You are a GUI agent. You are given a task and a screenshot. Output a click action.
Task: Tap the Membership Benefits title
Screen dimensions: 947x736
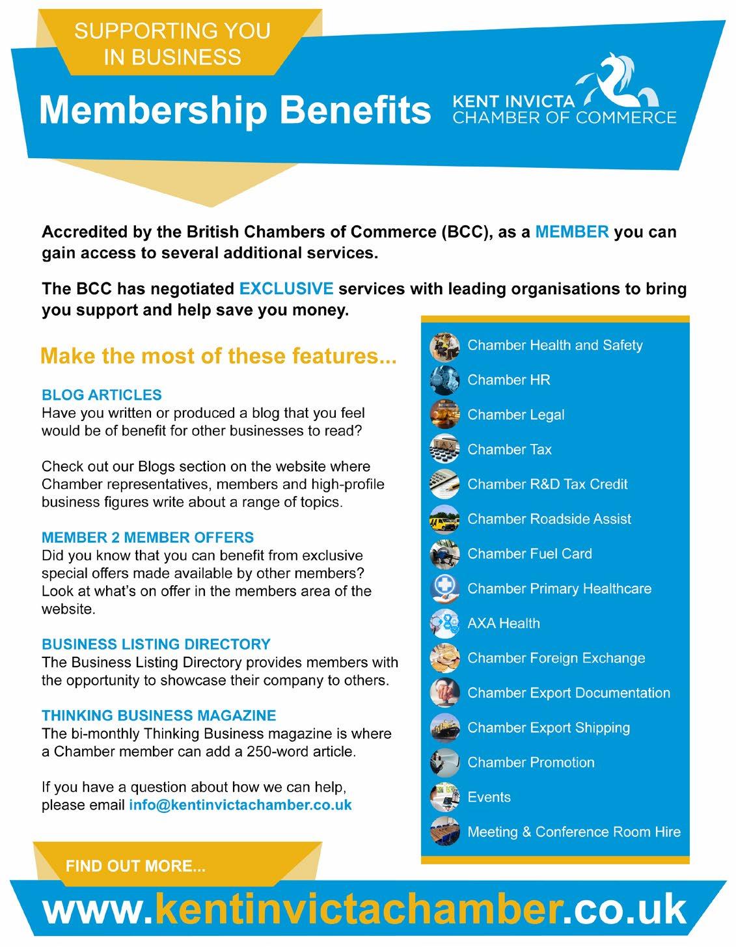pyautogui.click(x=234, y=109)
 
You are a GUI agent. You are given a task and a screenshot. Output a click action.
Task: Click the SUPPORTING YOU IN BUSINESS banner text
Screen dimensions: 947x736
pyautogui.click(x=172, y=44)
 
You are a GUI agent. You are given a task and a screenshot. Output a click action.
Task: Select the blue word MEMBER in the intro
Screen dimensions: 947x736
pyautogui.click(x=572, y=232)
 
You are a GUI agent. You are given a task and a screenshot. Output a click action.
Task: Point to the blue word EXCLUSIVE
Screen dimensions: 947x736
pyautogui.click(x=286, y=288)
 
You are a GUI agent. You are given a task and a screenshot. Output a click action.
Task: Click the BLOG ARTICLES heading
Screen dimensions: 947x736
pyautogui.click(x=102, y=395)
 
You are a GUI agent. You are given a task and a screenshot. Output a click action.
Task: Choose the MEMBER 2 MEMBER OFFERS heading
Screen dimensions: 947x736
pyautogui.click(x=148, y=538)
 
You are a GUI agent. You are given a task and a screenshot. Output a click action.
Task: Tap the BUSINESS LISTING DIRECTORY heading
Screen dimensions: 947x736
pyautogui.click(x=156, y=644)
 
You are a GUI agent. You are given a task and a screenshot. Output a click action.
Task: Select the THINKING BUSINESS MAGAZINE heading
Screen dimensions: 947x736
pyautogui.click(x=159, y=715)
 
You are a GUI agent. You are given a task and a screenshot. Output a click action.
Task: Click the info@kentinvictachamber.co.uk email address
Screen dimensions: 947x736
pyautogui.click(x=240, y=804)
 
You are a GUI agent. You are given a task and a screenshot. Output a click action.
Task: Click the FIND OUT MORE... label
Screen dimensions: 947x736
pyautogui.click(x=135, y=866)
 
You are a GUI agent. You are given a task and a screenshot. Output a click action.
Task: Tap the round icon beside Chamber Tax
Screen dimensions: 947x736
pyautogui.click(x=444, y=449)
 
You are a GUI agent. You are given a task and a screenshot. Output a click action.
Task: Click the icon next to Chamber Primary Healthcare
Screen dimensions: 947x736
pyautogui.click(x=444, y=588)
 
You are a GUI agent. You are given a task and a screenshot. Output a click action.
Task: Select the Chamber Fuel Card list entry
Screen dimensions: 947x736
pyautogui.click(x=530, y=554)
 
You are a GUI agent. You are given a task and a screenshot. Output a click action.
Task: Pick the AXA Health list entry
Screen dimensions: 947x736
pyautogui.click(x=504, y=624)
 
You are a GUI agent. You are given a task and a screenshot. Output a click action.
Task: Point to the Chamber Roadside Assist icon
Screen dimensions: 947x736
pyautogui.click(x=444, y=519)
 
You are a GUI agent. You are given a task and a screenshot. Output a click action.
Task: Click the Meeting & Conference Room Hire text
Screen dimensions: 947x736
pyautogui.click(x=574, y=832)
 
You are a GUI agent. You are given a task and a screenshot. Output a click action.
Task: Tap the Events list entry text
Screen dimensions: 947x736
pyautogui.click(x=489, y=797)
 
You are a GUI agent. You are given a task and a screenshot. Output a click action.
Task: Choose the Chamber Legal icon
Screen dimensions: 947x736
pyautogui.click(x=444, y=415)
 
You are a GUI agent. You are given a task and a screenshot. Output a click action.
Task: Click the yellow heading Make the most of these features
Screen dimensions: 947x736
pyautogui.click(x=218, y=356)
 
